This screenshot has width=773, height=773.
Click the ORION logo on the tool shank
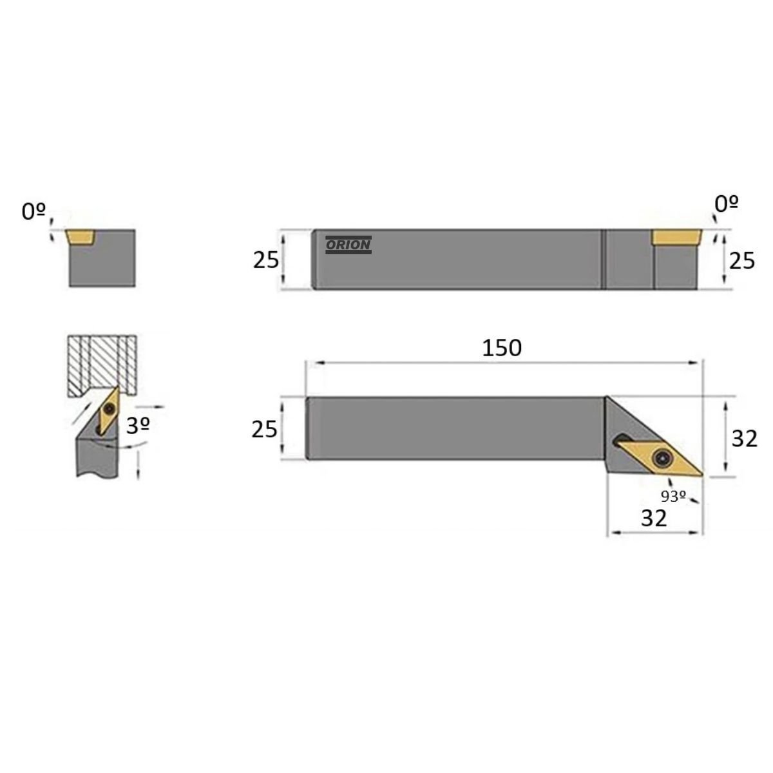[x=348, y=245]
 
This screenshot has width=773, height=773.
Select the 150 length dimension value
[x=501, y=348]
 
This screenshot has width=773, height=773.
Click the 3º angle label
[x=138, y=426]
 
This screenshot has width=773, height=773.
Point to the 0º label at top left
[x=33, y=211]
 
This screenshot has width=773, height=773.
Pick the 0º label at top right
[x=727, y=204]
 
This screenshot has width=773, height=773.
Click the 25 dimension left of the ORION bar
[x=265, y=260]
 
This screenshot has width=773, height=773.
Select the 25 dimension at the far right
[x=741, y=261]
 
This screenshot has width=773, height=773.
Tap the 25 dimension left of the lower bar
[x=264, y=429]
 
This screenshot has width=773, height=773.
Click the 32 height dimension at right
[x=745, y=438]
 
